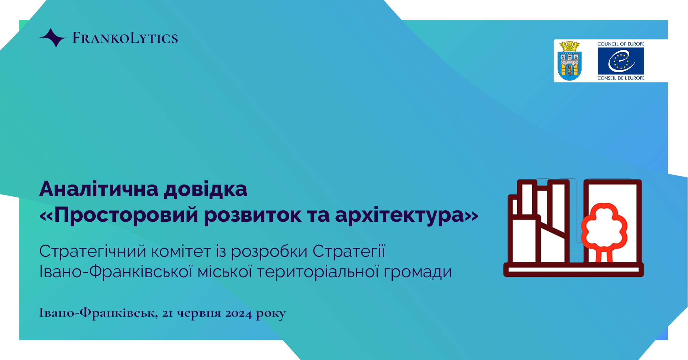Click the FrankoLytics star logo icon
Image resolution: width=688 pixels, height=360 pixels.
tap(53, 38)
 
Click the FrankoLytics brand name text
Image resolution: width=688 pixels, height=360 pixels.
tap(125, 38)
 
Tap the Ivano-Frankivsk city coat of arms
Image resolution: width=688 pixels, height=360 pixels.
tap(569, 61)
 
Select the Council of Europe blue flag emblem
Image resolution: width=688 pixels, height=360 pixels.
tap(621, 61)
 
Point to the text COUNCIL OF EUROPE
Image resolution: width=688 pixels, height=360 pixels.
tap(621, 44)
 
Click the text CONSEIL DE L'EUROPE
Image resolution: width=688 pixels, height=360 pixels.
tap(621, 78)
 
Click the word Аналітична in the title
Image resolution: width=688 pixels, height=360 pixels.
tap(99, 189)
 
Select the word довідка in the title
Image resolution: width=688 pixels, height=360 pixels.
tap(206, 189)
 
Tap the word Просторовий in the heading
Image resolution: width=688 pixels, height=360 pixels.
tap(126, 215)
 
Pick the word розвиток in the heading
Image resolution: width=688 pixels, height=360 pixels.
tap(253, 215)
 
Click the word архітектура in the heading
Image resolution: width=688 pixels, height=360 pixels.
tap(400, 215)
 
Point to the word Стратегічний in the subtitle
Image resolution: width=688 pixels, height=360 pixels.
tap(92, 251)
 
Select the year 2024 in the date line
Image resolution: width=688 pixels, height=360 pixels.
tap(238, 313)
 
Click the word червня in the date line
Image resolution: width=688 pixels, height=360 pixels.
tap(199, 313)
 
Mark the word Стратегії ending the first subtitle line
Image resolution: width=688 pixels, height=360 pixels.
tap(349, 251)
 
